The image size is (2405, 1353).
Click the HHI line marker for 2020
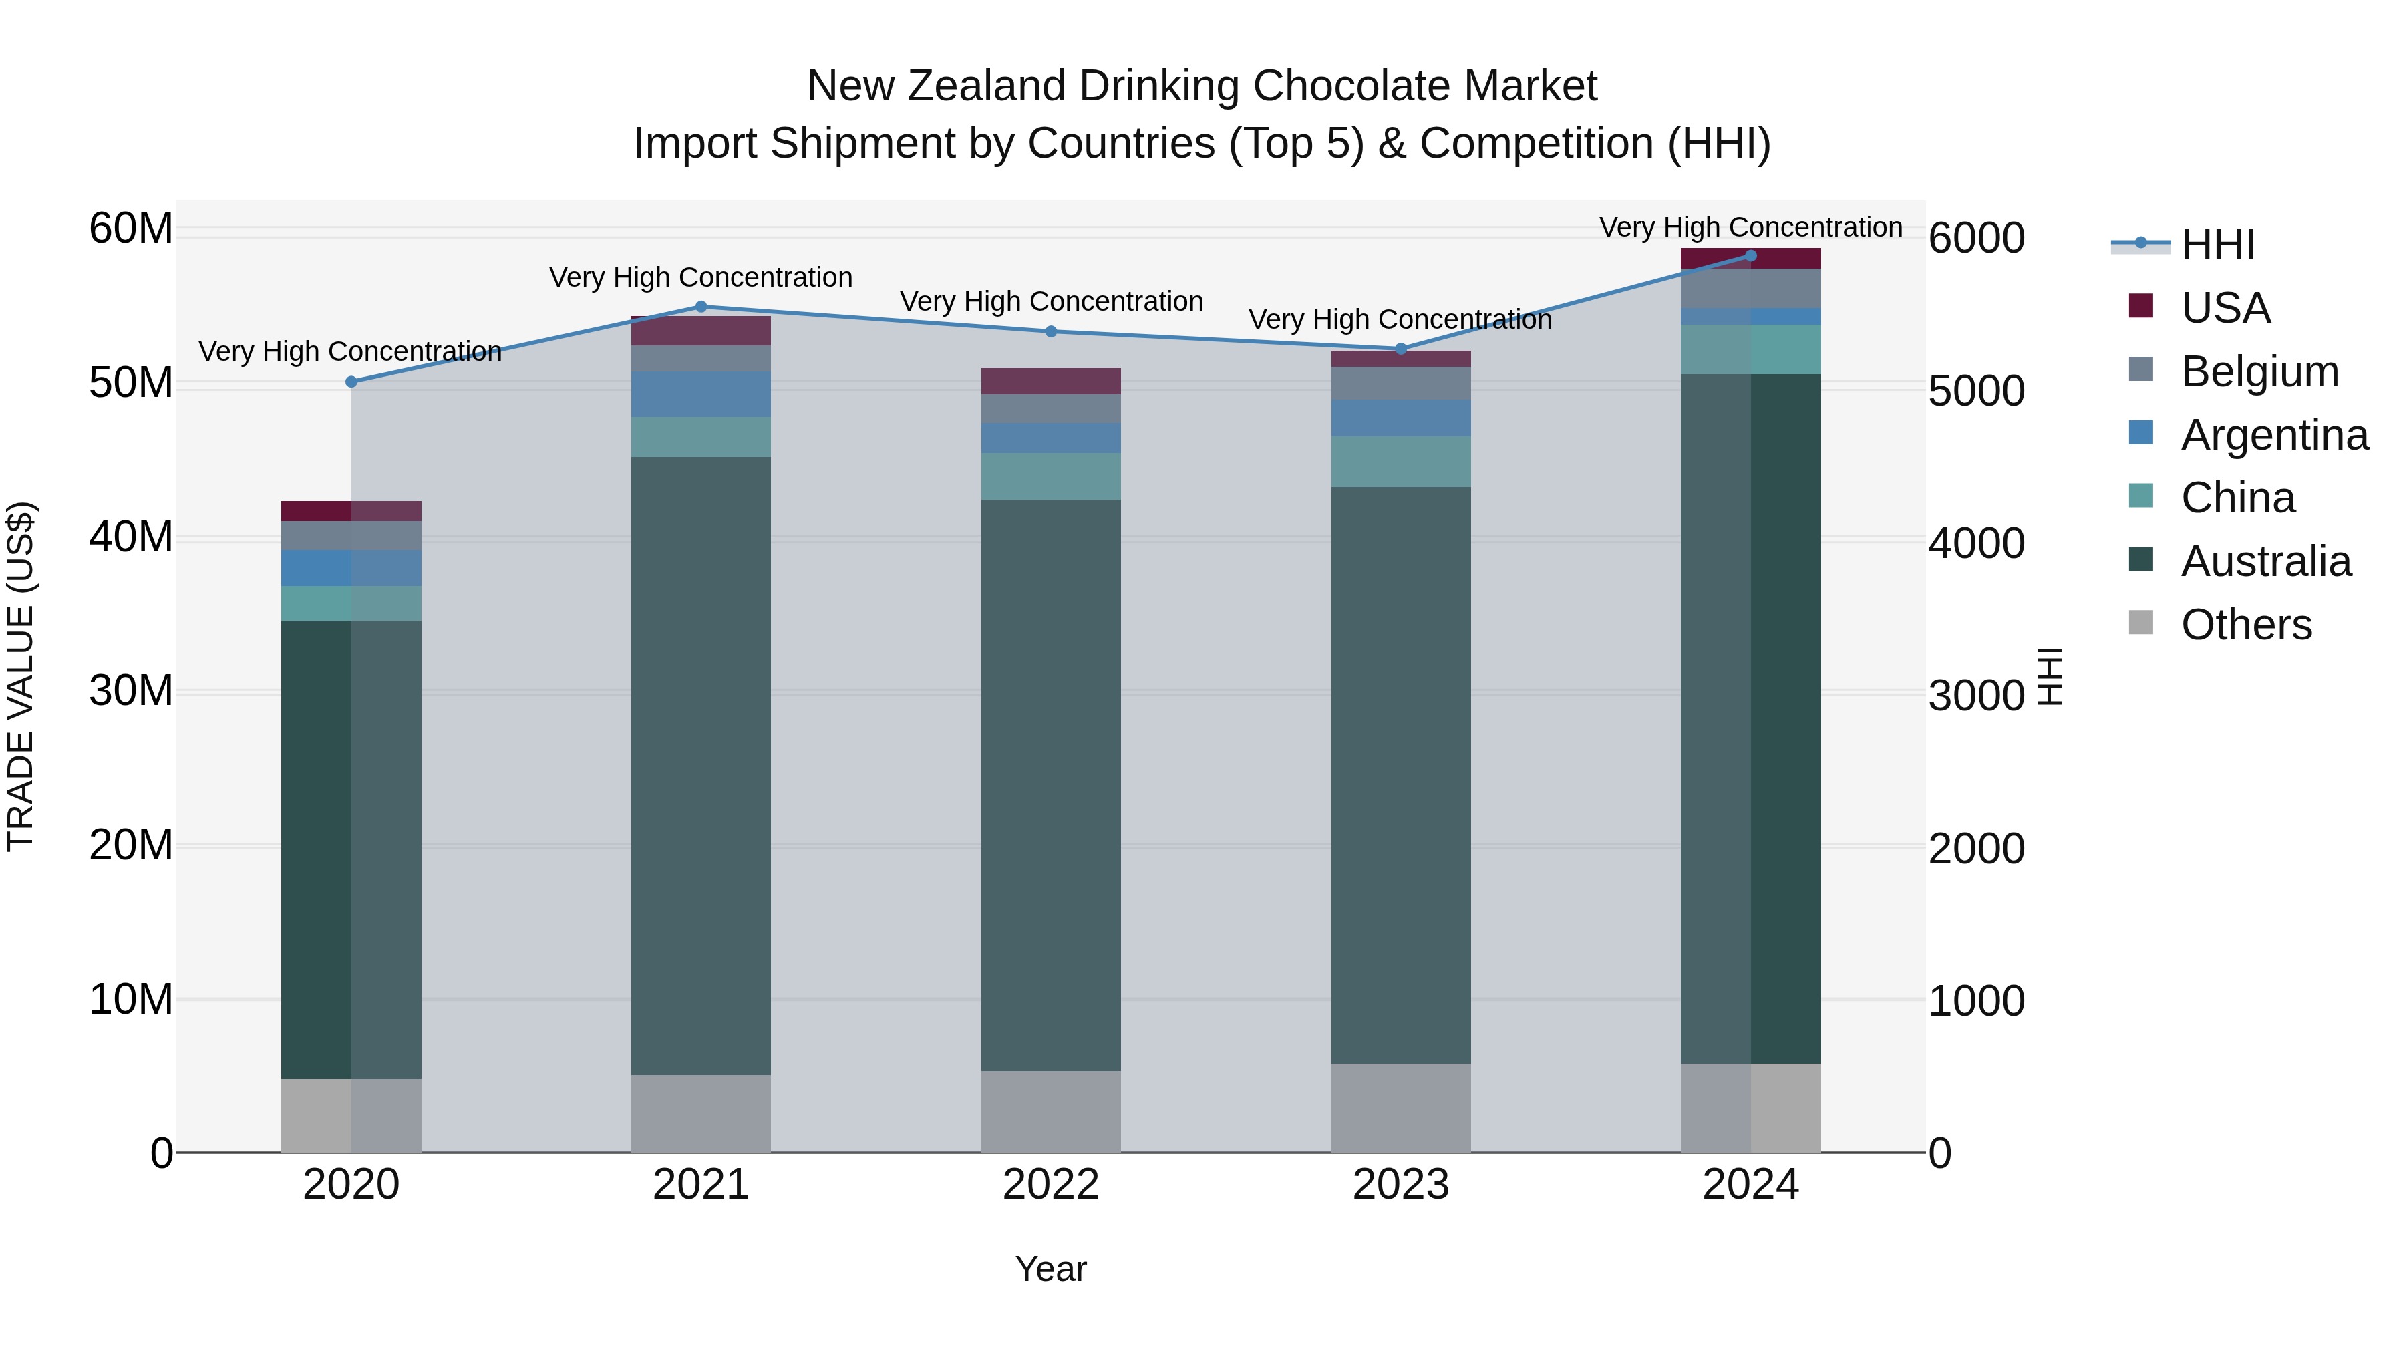click(351, 382)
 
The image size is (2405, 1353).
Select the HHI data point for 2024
click(1750, 256)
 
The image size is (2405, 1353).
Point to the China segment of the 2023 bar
click(1400, 461)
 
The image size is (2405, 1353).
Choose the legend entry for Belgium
click(2259, 371)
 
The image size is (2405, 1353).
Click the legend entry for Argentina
click(2274, 434)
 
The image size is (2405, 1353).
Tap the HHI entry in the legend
click(2217, 245)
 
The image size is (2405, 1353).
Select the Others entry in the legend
click(2245, 625)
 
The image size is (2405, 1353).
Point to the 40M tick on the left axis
click(131, 538)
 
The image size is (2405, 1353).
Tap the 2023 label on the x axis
click(1400, 1185)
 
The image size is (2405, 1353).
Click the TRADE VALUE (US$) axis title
click(21, 677)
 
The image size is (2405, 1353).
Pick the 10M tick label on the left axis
click(131, 999)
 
